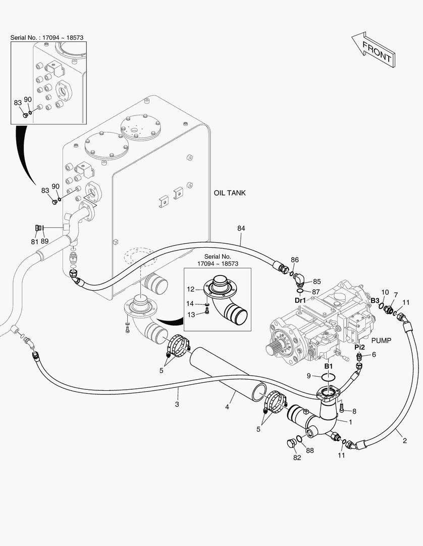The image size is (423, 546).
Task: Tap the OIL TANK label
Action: [x=230, y=193]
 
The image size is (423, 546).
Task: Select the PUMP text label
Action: [x=382, y=341]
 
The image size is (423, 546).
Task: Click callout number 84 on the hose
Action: [x=241, y=229]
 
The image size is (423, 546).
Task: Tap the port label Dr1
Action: [x=300, y=300]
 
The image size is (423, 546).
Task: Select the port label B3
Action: [x=375, y=300]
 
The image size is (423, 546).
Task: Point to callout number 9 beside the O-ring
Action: [x=309, y=376]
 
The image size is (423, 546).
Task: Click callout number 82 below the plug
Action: [x=297, y=458]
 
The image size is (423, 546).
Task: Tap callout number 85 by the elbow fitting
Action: [x=316, y=282]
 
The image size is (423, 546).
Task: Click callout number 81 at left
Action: [x=35, y=242]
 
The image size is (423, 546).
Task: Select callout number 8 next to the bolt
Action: [x=354, y=411]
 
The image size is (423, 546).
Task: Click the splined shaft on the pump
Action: [x=273, y=349]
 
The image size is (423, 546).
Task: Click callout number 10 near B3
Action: [x=385, y=292]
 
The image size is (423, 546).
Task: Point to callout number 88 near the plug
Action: [x=309, y=450]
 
